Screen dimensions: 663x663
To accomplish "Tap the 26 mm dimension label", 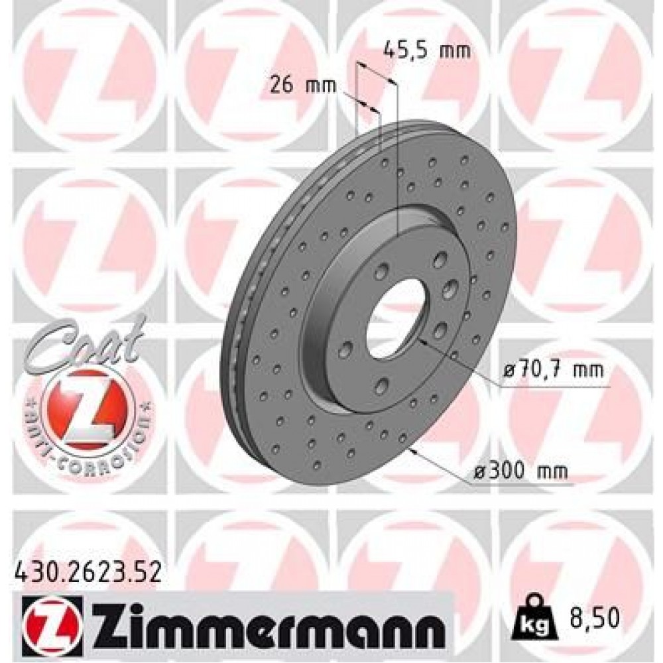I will click(x=303, y=85).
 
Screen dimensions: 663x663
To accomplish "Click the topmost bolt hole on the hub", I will click(x=438, y=261).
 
